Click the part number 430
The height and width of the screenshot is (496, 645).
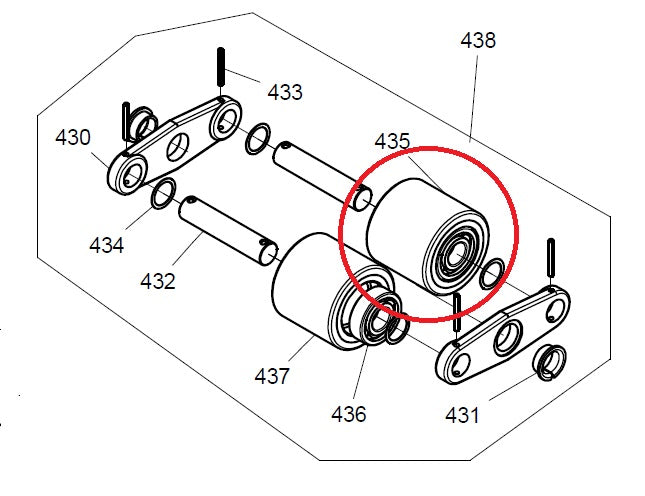[x=73, y=136]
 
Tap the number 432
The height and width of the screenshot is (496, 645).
[x=158, y=281]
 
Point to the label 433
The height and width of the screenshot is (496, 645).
[x=285, y=92]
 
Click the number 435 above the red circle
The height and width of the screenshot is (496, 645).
[x=392, y=142]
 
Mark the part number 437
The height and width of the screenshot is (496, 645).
[x=271, y=376]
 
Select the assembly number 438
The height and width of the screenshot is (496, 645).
[x=477, y=41]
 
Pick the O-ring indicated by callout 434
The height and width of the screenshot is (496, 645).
[x=163, y=197]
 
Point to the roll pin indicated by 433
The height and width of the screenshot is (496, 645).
[x=219, y=70]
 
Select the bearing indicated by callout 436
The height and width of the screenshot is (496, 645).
[x=377, y=323]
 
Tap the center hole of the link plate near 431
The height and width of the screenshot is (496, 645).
[x=507, y=334]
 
